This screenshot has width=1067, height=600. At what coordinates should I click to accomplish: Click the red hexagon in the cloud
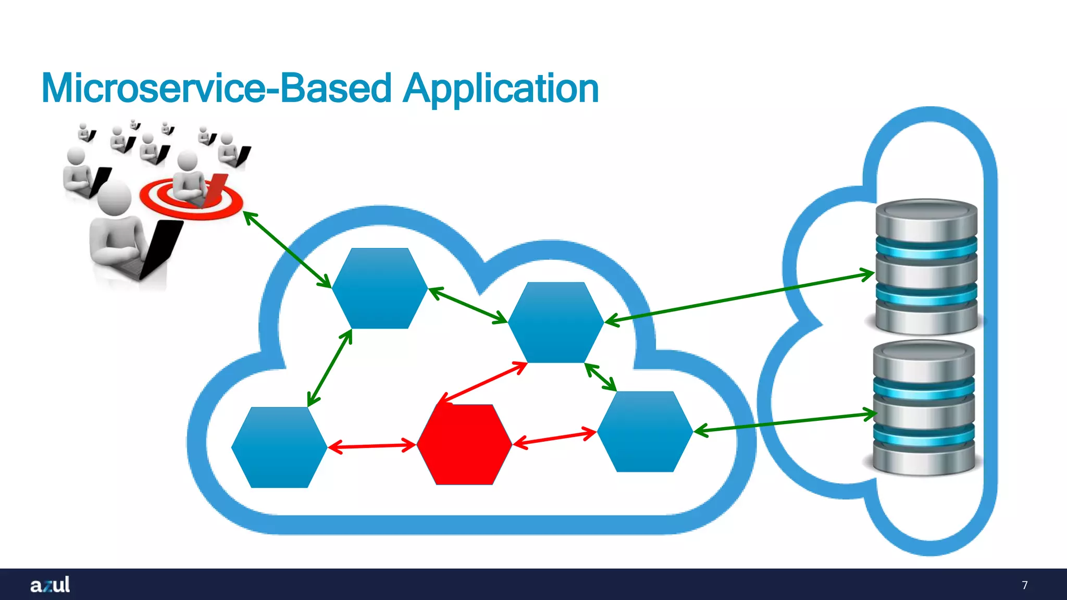[x=464, y=445]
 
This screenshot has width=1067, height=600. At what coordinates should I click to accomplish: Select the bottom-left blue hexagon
[x=279, y=447]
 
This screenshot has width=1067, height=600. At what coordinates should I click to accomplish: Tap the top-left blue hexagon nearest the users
[x=380, y=288]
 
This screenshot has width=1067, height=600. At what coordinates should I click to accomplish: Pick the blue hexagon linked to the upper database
[x=555, y=322]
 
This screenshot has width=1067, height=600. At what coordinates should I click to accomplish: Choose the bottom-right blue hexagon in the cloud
[x=645, y=432]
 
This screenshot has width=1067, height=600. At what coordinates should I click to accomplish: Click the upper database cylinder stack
[x=926, y=267]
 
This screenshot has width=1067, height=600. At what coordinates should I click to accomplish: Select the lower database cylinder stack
[x=924, y=407]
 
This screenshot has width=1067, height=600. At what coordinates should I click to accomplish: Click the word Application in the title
[x=501, y=89]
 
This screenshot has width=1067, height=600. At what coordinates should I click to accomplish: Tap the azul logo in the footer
[x=50, y=585]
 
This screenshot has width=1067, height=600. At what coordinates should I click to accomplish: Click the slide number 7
[x=1024, y=585]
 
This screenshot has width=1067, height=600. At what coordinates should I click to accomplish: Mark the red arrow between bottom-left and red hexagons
[x=371, y=446]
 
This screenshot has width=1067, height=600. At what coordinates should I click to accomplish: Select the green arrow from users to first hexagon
[x=288, y=249]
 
